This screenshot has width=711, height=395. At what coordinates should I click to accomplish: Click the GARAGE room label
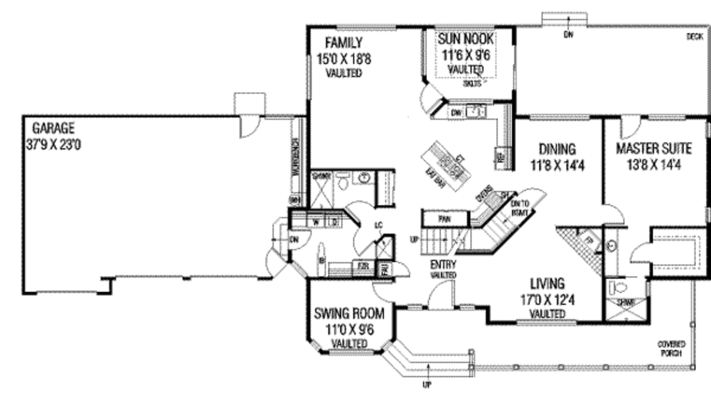[53, 128]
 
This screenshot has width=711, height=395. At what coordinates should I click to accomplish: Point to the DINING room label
[558, 148]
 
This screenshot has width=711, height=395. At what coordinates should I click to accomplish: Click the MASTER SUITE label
[654, 148]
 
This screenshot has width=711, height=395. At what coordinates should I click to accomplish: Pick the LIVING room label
[547, 284]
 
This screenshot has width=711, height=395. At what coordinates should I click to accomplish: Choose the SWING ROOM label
[349, 314]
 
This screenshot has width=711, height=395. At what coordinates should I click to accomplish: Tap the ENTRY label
[442, 265]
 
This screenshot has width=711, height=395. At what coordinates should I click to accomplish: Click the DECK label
[694, 35]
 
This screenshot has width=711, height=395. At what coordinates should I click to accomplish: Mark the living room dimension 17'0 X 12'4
[547, 300]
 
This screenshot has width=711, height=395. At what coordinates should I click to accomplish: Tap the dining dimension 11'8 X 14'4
[558, 166]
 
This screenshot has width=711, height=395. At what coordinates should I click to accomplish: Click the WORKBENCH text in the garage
[296, 163]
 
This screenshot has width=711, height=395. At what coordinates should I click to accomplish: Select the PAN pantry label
[444, 219]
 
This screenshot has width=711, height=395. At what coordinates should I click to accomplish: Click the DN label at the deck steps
[569, 33]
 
